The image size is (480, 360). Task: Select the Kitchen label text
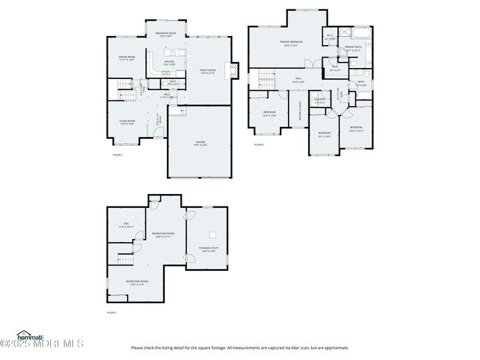coord(168,63)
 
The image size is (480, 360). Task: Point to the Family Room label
coord(206,71)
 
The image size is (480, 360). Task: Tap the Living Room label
coord(127,122)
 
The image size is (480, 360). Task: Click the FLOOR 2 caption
coord(117,155)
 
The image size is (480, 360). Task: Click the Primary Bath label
coord(353,49)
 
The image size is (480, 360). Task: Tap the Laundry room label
coord(320,101)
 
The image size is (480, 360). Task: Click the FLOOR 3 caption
coord(258,145)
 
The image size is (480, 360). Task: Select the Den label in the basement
coord(126,226)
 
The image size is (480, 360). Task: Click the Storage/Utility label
coord(208,249)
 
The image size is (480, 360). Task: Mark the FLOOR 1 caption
coord(112,314)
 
